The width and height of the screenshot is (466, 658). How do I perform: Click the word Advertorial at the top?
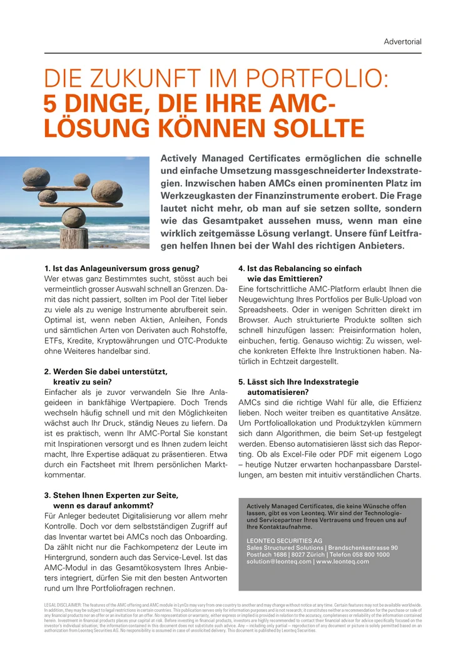click(x=402, y=42)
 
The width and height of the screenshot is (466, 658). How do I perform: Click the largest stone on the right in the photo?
click(x=108, y=192)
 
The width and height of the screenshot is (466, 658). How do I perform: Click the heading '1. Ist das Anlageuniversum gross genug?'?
click(x=121, y=269)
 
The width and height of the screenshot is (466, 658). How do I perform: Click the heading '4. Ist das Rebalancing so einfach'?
click(x=300, y=269)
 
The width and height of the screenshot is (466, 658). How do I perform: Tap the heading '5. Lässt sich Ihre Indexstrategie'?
click(x=299, y=382)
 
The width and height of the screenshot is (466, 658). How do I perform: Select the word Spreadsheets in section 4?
click(x=263, y=310)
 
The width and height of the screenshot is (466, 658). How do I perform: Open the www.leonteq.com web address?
click(x=343, y=561)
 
